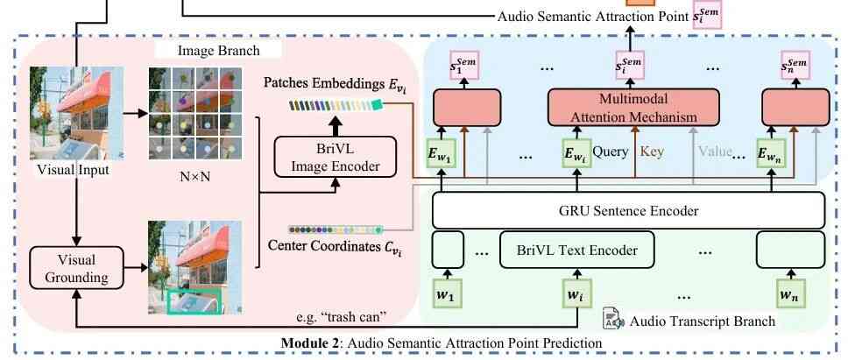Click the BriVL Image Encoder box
click(336, 156)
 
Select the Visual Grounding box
click(76, 267)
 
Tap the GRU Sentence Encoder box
click(628, 210)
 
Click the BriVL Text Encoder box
click(576, 250)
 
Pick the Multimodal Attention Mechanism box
click(634, 107)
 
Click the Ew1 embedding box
click(442, 154)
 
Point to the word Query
click(611, 152)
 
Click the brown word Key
click(652, 151)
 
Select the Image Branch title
click(218, 51)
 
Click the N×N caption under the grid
click(194, 175)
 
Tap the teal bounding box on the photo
click(194, 300)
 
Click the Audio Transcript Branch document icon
click(612, 319)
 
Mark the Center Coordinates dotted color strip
click(336, 229)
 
